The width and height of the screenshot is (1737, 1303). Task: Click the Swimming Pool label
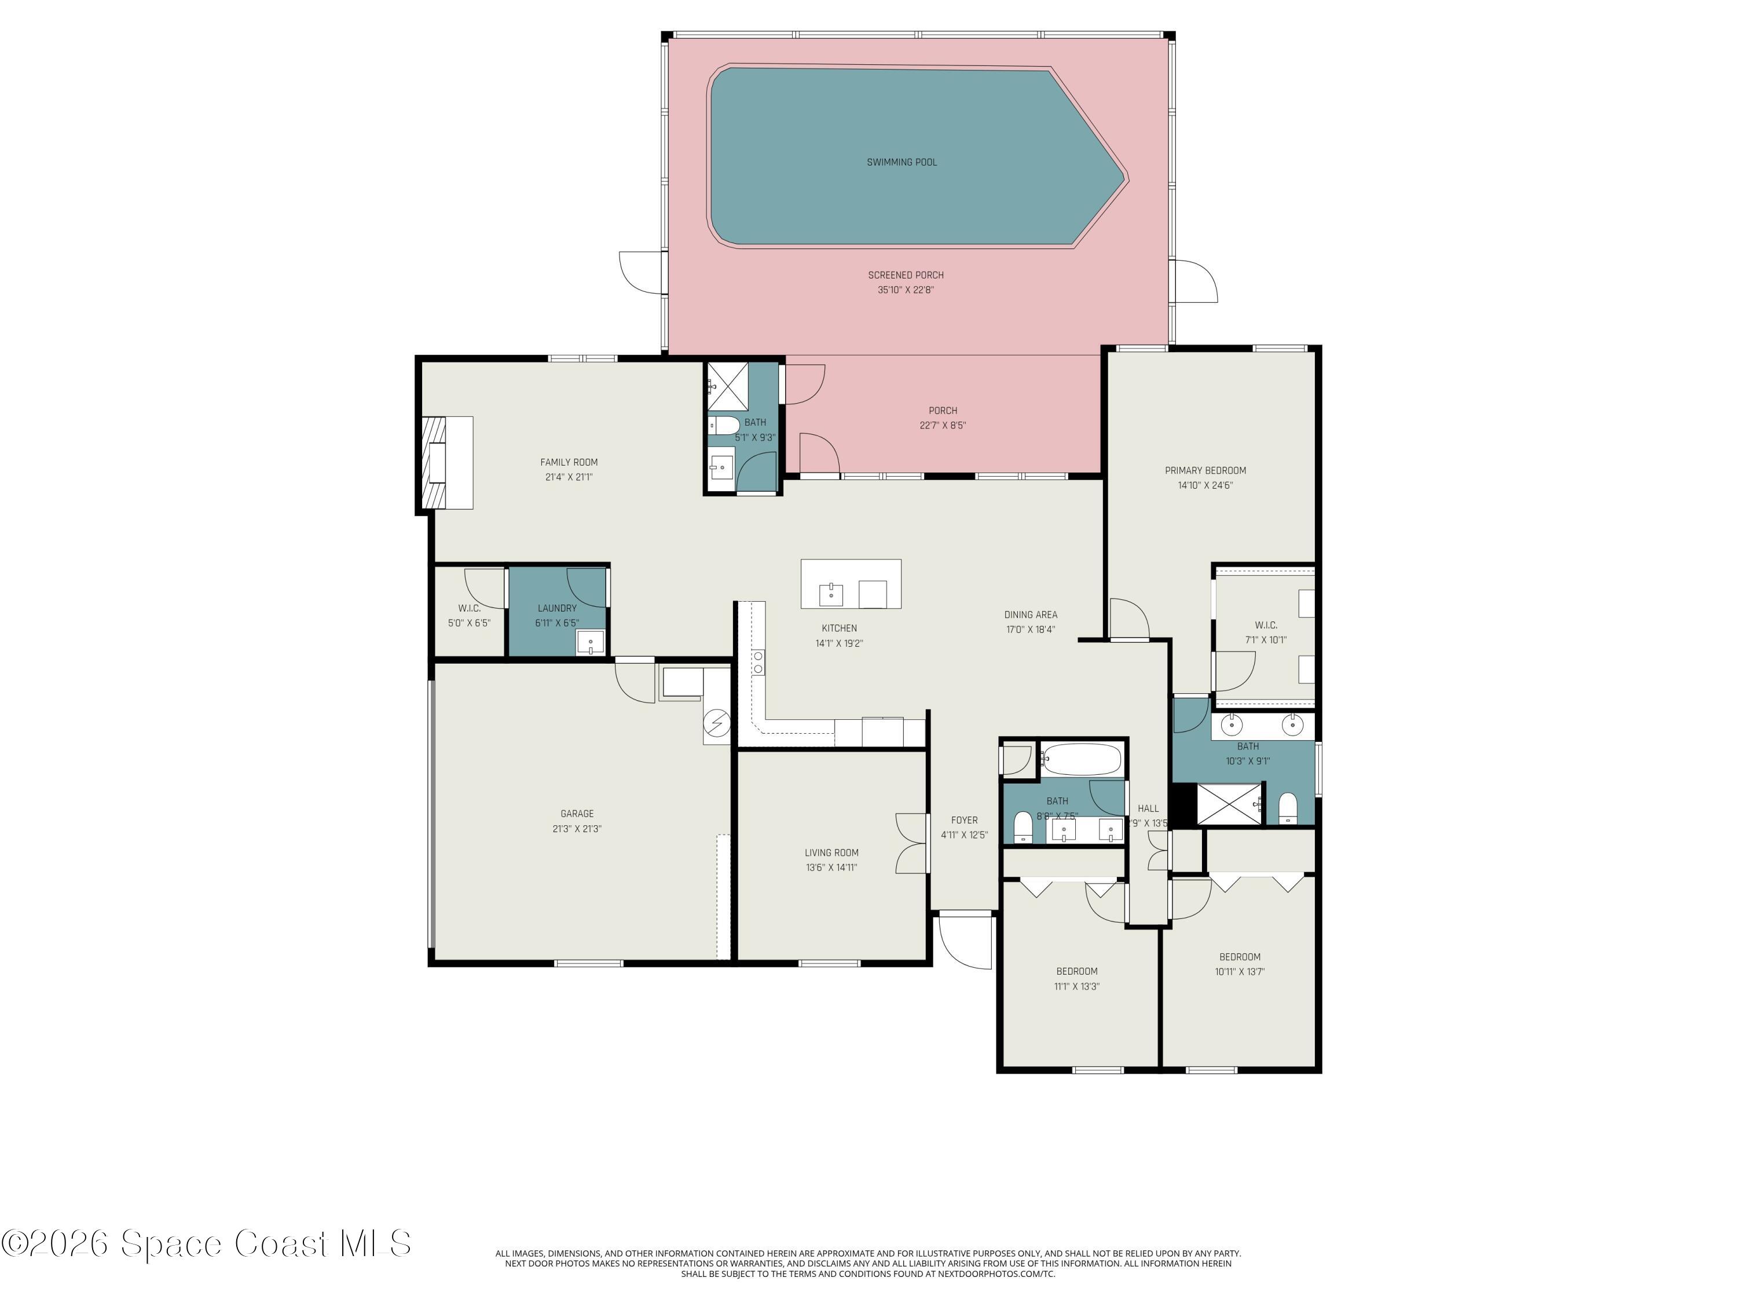(902, 162)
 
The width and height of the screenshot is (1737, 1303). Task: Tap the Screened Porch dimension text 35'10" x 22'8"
(906, 290)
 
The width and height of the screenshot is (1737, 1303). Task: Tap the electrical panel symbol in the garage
(716, 723)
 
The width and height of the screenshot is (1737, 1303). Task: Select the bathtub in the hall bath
(1082, 759)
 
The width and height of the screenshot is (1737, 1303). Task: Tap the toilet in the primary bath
(1288, 808)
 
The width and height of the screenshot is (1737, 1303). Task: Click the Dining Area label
(1030, 614)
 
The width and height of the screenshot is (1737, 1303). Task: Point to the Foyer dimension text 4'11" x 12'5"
(964, 835)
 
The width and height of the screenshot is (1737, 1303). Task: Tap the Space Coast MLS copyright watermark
(206, 1243)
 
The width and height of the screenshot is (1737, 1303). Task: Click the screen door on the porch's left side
(642, 273)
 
